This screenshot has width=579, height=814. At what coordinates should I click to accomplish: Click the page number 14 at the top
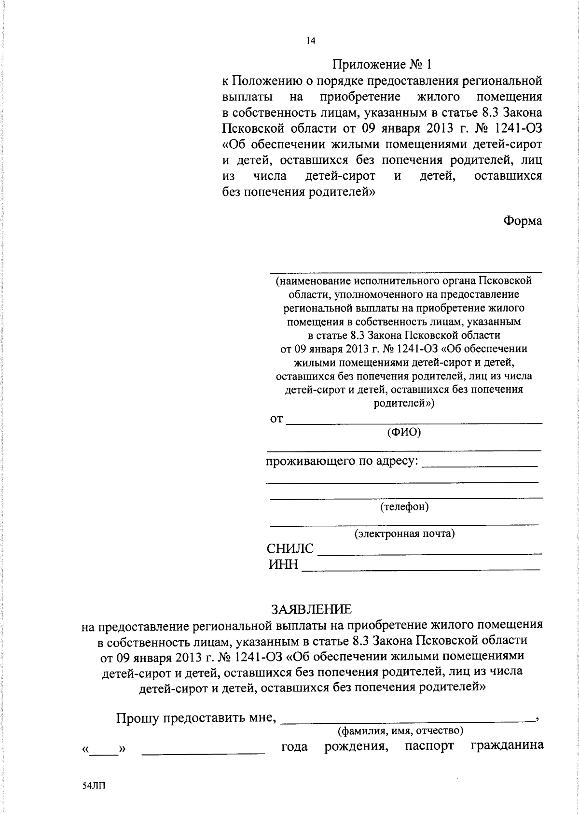(310, 42)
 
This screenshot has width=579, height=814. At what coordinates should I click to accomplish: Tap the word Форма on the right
(523, 221)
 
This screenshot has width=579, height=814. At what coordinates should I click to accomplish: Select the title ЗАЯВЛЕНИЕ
(311, 608)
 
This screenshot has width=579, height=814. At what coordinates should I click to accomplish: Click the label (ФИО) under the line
(404, 432)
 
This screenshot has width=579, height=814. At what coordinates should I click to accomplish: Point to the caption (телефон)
(404, 507)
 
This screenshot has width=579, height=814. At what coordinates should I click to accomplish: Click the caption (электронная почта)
(404, 534)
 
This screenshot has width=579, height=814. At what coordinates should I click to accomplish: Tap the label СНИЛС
(290, 549)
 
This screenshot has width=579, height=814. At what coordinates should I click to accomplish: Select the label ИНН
(284, 564)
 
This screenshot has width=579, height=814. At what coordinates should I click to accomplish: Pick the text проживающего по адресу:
(342, 461)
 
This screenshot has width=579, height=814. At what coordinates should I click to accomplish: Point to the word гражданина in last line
(507, 746)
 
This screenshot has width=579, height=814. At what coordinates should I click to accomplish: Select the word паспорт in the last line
(429, 746)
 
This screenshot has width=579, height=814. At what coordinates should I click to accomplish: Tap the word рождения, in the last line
(356, 746)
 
